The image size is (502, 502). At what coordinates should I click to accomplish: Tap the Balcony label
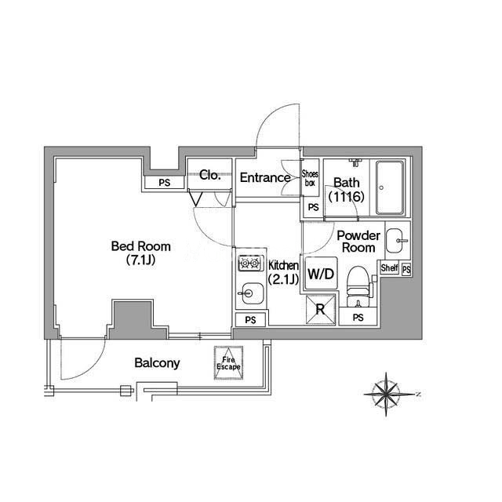click(157, 363)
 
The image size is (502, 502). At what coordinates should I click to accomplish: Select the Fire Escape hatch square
click(229, 363)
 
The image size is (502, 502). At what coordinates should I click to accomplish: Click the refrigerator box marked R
click(321, 309)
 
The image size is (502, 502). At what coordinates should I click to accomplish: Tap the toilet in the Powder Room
click(358, 282)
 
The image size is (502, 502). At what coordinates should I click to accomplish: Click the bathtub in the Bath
click(390, 188)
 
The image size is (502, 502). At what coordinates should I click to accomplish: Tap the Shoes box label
click(311, 177)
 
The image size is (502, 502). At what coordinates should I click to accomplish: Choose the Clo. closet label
click(209, 176)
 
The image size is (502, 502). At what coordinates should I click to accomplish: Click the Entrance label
click(265, 177)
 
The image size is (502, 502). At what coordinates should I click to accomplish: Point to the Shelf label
click(389, 268)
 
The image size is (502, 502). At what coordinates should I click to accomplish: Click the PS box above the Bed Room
click(164, 183)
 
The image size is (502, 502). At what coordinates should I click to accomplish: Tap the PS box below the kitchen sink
click(250, 320)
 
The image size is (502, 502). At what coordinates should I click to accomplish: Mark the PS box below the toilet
click(358, 318)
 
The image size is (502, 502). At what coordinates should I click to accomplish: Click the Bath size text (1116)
click(346, 197)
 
